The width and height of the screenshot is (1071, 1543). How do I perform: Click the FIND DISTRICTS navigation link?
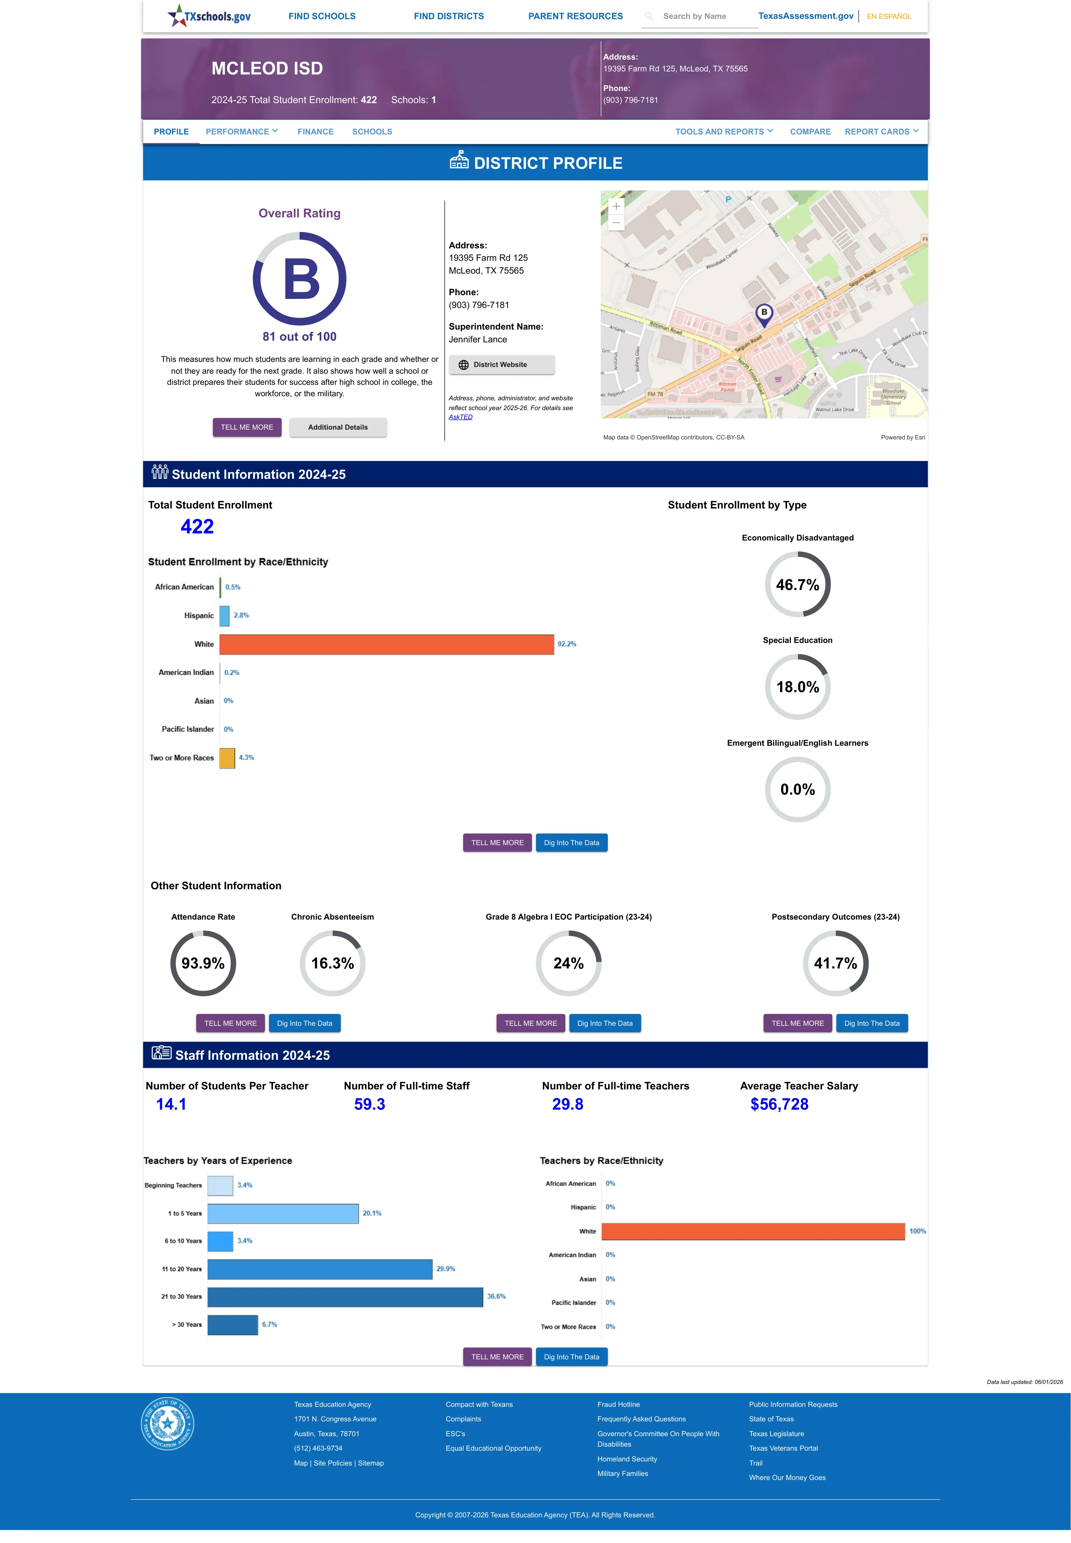pos(448,16)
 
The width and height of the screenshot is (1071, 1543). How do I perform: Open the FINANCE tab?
pos(316,131)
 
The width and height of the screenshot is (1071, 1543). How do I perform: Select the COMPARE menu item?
pos(810,131)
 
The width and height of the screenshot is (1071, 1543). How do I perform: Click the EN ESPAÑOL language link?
pos(889,16)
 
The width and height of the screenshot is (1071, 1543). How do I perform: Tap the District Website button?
pos(501,365)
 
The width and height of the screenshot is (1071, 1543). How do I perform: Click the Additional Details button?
pos(337,427)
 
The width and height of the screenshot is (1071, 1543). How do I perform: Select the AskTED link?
pos(460,417)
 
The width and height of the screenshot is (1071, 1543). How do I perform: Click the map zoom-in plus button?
pos(616,207)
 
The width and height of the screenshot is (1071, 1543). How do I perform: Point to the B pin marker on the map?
pos(764,314)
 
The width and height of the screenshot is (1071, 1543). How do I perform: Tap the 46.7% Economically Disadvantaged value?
pos(797,585)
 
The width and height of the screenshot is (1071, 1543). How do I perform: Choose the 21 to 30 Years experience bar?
pos(345,1297)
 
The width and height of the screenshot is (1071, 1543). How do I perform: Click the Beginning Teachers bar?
pos(220,1185)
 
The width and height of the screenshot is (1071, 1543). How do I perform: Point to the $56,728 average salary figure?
pos(779,1105)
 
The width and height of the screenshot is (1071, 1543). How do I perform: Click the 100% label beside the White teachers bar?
pos(917,1231)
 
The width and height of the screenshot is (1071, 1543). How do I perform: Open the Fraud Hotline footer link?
pos(618,1404)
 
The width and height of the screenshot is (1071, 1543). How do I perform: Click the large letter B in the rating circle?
pos(301,279)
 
